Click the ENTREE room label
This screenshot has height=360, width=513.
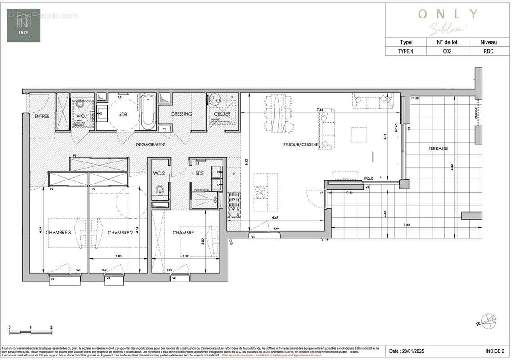(x=42, y=117)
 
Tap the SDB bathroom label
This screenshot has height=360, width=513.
(x=123, y=114)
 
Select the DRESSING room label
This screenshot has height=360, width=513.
(x=182, y=114)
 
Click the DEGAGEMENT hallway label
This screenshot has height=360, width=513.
(x=151, y=144)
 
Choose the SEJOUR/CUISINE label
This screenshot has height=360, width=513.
(x=301, y=144)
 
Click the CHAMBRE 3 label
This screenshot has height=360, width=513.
(x=59, y=233)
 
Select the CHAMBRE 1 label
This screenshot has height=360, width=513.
(x=185, y=233)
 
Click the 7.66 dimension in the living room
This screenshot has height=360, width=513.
(x=320, y=110)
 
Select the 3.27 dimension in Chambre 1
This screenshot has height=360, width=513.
(x=185, y=256)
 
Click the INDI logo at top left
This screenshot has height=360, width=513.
(x=23, y=26)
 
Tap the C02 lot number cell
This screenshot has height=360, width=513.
(x=447, y=51)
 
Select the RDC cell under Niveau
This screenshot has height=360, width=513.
(x=489, y=51)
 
